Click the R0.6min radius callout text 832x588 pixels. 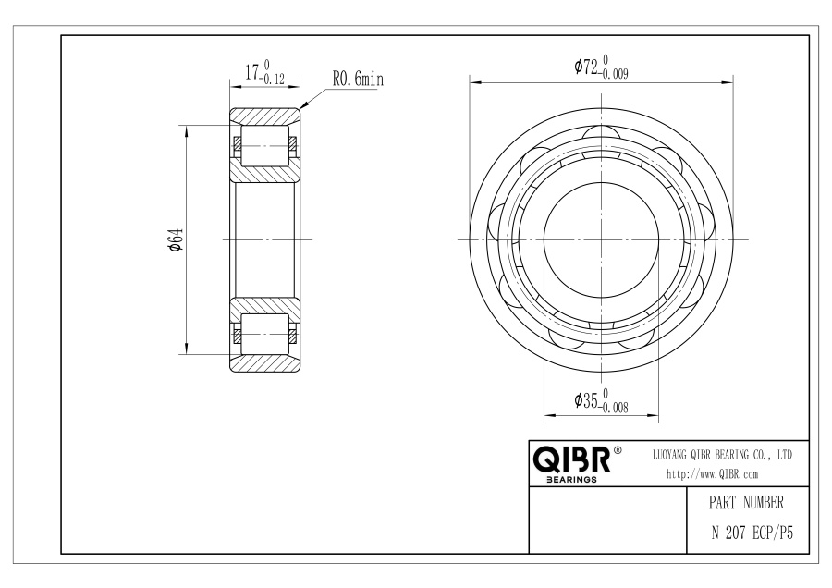tap(358, 80)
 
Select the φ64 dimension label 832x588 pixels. tap(177, 239)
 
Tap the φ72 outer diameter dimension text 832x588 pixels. tap(586, 67)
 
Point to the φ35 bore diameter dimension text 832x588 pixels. tap(586, 400)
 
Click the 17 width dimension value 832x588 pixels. tap(252, 71)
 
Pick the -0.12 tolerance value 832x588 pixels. tap(273, 80)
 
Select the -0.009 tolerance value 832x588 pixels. tap(614, 74)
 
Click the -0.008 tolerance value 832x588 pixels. tap(614, 408)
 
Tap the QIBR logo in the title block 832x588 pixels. tap(571, 459)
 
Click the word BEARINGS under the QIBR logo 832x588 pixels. tap(571, 480)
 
